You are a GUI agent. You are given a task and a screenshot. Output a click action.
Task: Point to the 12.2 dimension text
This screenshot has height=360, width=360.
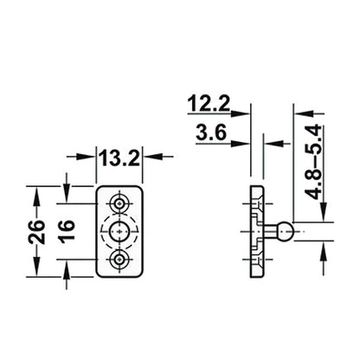[x=209, y=106]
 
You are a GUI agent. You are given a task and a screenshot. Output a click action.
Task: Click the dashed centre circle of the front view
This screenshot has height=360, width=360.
[x=119, y=231]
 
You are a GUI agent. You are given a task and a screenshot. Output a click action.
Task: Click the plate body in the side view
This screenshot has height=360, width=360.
[x=256, y=231]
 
